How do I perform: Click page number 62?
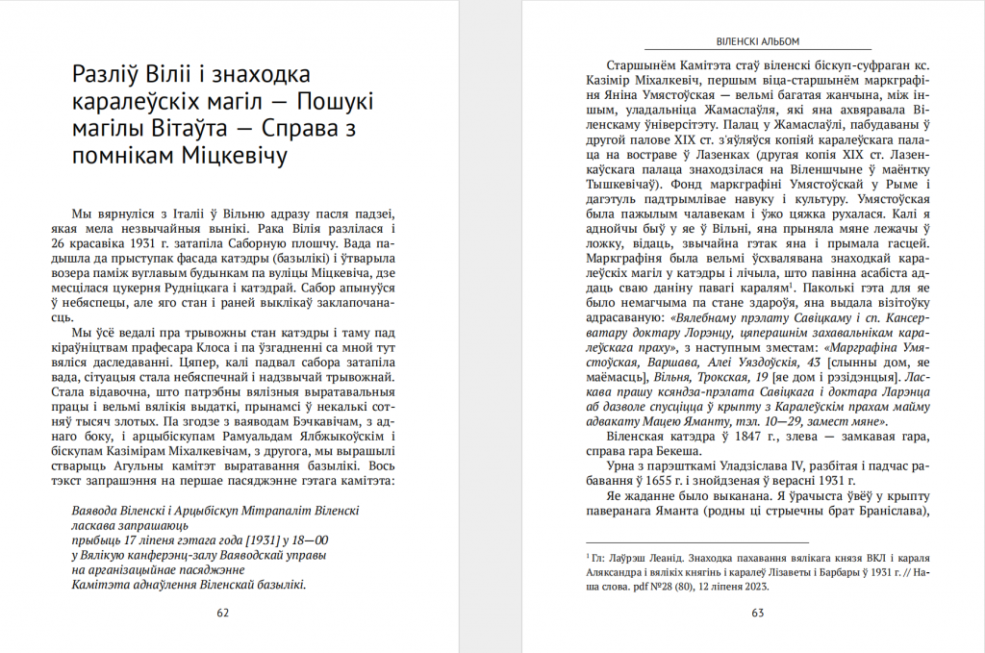point(222,612)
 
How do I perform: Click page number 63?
point(757,612)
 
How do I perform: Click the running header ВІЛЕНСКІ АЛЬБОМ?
point(758,41)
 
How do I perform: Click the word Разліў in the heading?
point(107,75)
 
